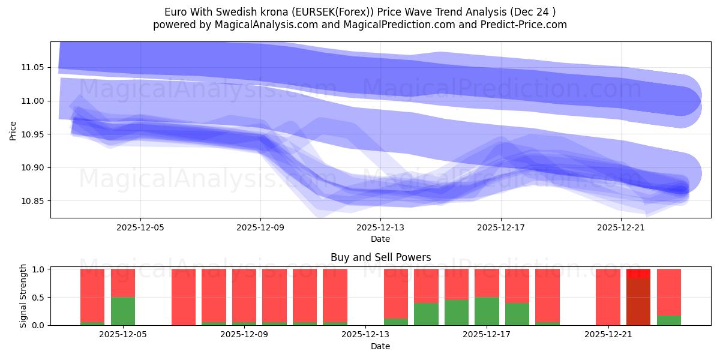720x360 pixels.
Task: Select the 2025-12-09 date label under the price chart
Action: [x=260, y=227]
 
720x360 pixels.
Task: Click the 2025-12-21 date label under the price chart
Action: [x=621, y=227]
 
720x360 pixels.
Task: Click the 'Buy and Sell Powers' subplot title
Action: [x=380, y=257]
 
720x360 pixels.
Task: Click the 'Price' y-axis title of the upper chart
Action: [x=13, y=130]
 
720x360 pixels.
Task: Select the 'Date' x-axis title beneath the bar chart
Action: [x=380, y=346]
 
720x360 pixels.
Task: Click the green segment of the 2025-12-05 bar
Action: [x=123, y=311]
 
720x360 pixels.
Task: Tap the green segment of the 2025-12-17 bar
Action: [x=487, y=311]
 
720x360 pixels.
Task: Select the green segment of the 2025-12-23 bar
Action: [x=669, y=320]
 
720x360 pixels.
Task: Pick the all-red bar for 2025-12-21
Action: [x=608, y=297]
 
